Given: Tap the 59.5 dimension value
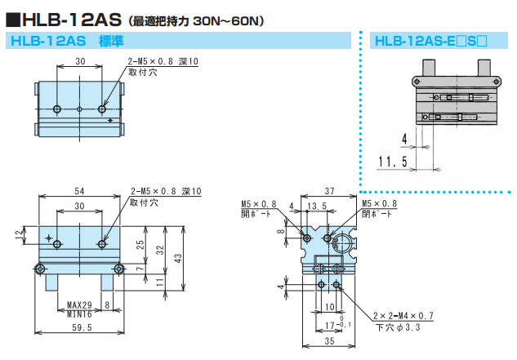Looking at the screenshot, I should (x=79, y=328).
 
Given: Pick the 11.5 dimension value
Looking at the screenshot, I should (x=393, y=162).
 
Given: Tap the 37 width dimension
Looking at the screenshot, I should (x=330, y=189).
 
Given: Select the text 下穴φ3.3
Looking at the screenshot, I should (x=398, y=327).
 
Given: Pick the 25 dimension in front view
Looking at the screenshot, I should (x=140, y=245).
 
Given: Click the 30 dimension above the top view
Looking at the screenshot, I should (x=79, y=62).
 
